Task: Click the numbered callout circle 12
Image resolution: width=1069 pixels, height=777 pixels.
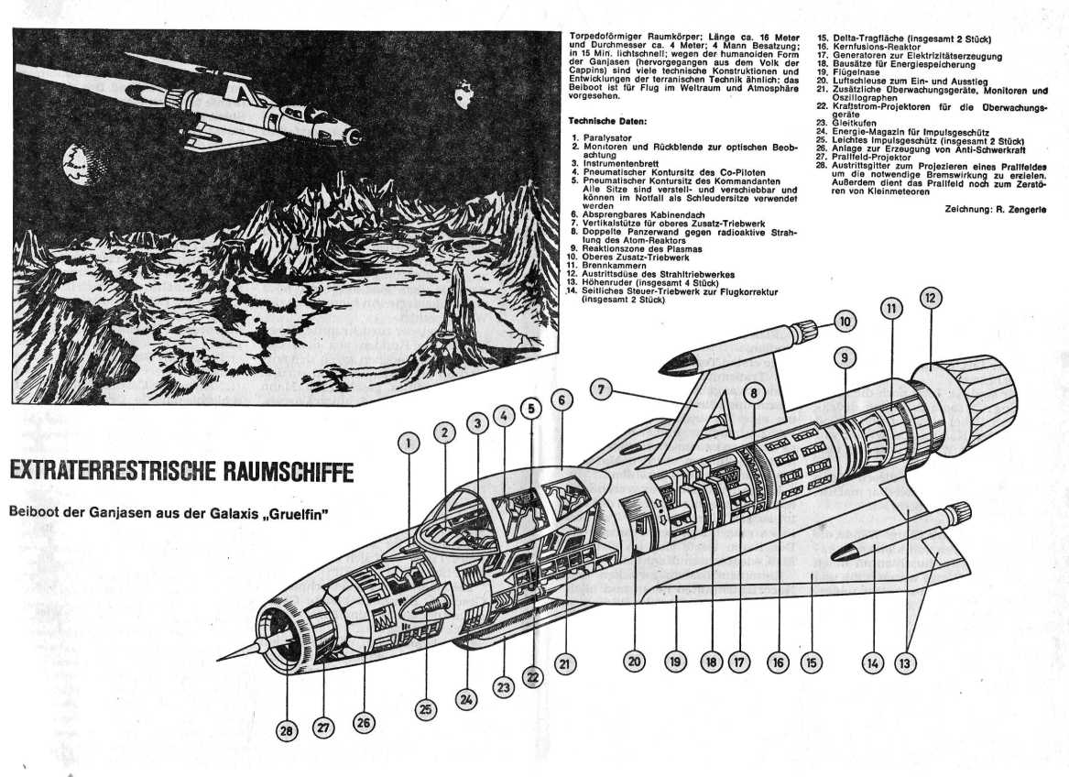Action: pos(931,298)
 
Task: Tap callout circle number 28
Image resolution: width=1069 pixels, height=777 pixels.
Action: pos(289,730)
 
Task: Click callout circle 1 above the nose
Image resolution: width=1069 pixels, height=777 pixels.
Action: pos(409,443)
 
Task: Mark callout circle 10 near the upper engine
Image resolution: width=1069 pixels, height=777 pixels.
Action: pos(845,322)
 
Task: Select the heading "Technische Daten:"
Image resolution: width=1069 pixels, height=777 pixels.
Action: pos(608,120)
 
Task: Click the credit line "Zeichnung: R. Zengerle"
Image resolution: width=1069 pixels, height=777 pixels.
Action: pos(995,210)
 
